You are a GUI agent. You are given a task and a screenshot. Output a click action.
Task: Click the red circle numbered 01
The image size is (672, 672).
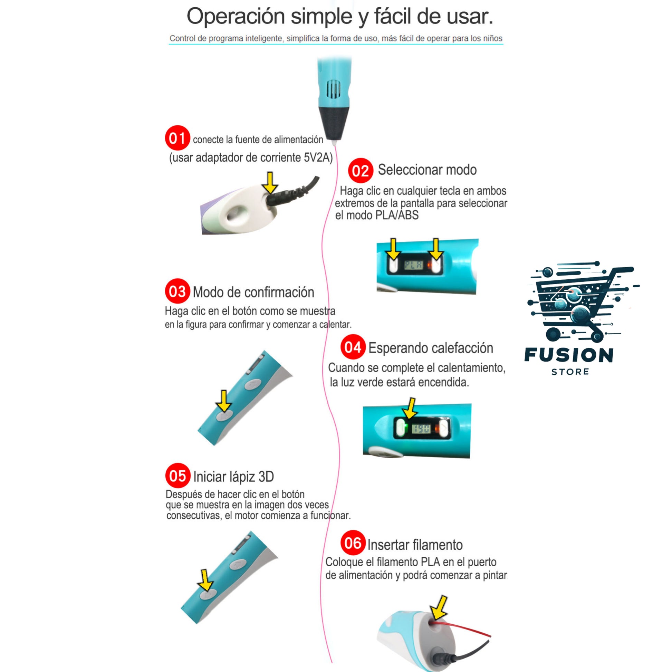[x=177, y=138]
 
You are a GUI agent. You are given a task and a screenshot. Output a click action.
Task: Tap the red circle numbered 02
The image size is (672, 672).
[x=361, y=171]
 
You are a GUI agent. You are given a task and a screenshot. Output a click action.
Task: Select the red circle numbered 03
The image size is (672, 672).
[x=177, y=291]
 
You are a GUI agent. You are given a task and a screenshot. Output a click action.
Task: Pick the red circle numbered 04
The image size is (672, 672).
[x=353, y=347]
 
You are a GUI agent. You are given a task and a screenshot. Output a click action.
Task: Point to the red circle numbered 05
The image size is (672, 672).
[x=178, y=476]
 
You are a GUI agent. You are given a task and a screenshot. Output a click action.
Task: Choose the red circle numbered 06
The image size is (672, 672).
[x=353, y=543]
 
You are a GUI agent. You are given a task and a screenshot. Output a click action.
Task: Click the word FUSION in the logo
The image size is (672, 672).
[x=569, y=355]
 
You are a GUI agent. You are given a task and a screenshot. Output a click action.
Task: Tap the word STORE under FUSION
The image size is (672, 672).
[x=570, y=372]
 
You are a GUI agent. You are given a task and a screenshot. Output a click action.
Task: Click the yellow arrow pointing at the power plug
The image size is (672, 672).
[x=270, y=182]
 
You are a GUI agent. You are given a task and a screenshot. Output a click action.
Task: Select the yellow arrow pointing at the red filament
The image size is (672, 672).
[x=440, y=607]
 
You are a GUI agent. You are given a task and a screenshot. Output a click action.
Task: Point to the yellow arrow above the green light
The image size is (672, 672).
[x=411, y=409]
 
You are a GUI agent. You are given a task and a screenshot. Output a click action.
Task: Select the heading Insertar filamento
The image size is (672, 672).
[x=415, y=545]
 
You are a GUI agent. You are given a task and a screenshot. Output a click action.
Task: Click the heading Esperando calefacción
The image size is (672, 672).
[x=431, y=348]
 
